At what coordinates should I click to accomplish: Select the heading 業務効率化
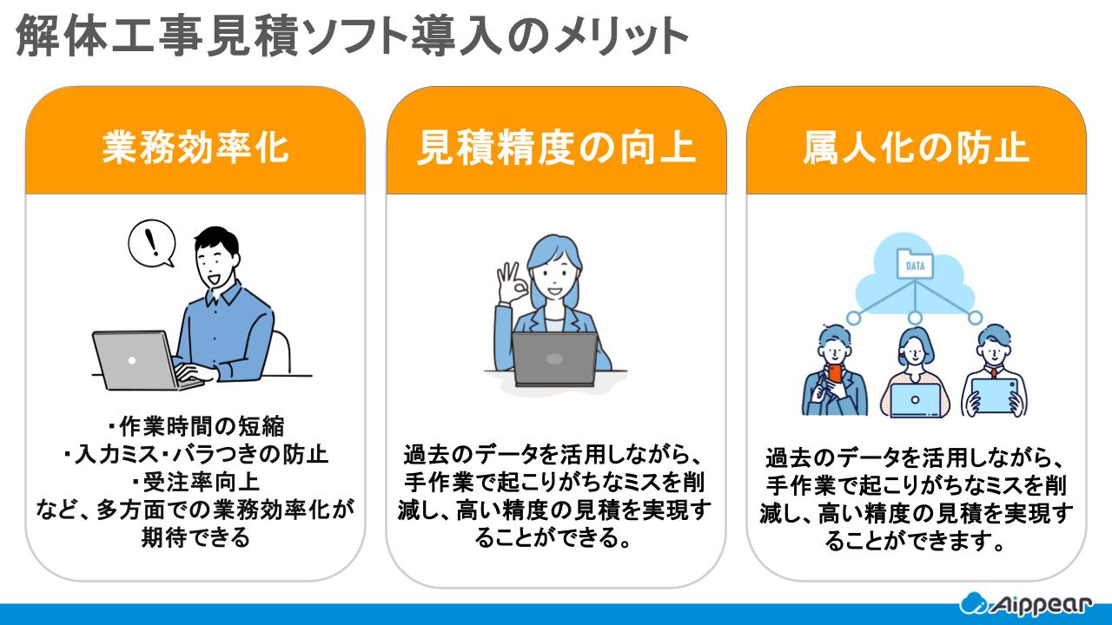tap(195, 148)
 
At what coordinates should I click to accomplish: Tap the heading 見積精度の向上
tap(556, 148)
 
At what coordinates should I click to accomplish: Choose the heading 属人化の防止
tap(917, 148)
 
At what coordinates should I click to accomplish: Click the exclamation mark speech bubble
tap(152, 243)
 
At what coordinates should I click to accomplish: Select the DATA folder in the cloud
tap(915, 266)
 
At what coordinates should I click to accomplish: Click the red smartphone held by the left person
tap(835, 373)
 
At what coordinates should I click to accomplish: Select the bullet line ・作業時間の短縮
tap(195, 425)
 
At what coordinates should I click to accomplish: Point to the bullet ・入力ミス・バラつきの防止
tap(195, 453)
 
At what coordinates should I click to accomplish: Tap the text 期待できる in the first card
tap(195, 537)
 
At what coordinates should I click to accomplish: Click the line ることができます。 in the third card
tap(917, 543)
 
